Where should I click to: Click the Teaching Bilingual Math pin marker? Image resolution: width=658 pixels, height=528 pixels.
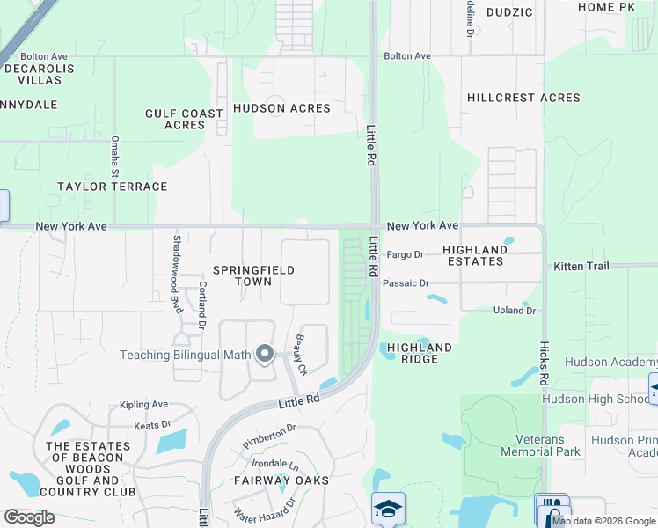pos(265,355)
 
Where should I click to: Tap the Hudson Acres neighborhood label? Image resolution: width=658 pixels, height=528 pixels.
pos(281,108)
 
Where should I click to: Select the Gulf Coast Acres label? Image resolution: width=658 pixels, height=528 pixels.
pos(185,120)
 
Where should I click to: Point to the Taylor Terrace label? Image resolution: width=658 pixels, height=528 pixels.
pos(112,187)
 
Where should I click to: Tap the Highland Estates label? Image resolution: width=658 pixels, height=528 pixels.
pos(475,255)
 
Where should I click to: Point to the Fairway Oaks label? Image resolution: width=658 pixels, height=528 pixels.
pos(281,480)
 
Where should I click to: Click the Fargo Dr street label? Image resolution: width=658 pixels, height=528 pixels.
pos(405,254)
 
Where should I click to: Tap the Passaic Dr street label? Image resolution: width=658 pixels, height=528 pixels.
pos(406,283)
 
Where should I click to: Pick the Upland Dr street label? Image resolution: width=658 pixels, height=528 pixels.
pos(514,311)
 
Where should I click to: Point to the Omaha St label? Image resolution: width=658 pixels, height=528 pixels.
pos(114,155)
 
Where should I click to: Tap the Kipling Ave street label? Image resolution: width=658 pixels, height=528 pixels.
pos(143,404)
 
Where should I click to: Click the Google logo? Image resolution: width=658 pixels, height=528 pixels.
pos(29,517)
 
